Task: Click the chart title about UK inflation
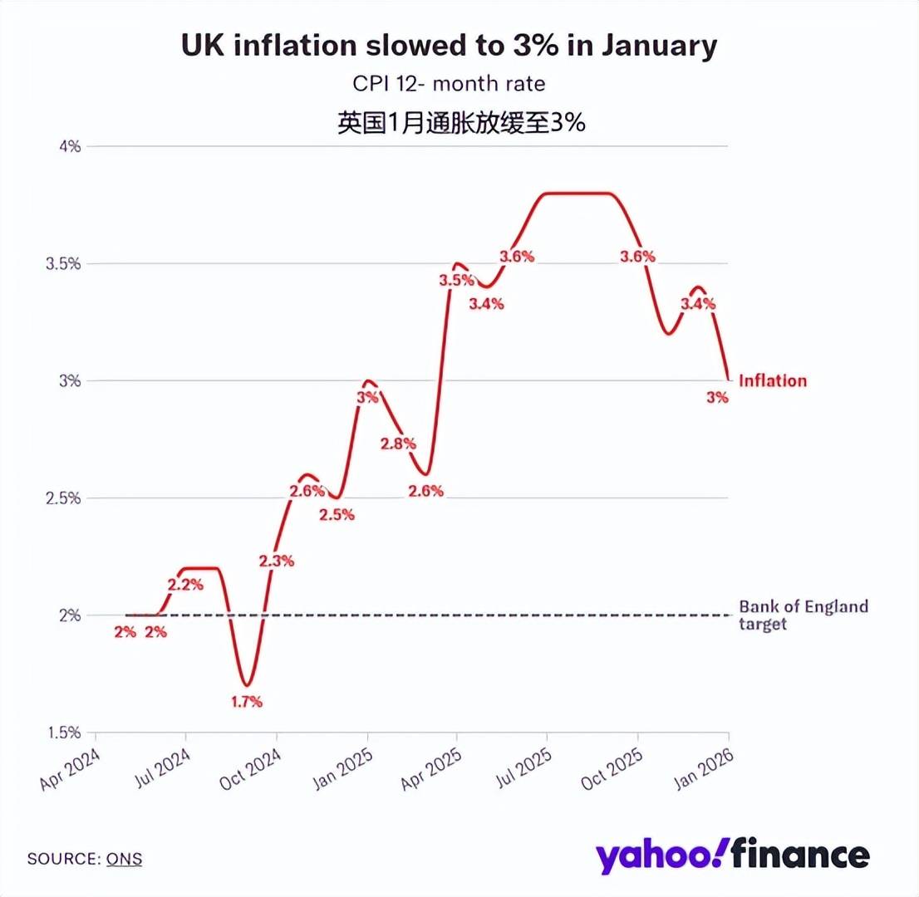click(x=449, y=47)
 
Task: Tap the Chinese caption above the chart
click(x=461, y=123)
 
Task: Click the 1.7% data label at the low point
click(x=246, y=702)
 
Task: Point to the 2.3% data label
click(x=277, y=561)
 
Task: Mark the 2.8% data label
click(x=397, y=444)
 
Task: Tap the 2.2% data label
click(x=185, y=585)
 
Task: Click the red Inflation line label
click(x=773, y=380)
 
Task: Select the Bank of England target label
click(x=803, y=615)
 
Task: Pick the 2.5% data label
click(x=337, y=514)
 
